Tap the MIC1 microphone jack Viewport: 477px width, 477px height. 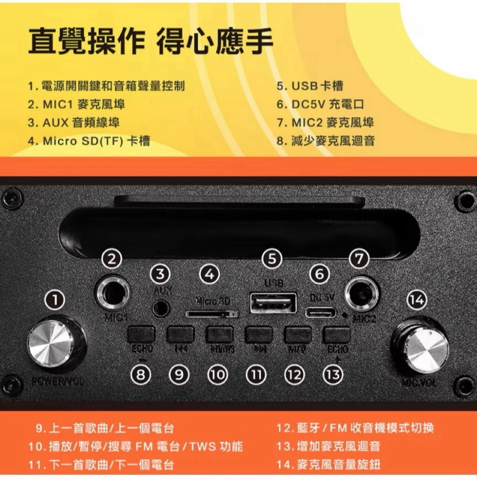113,292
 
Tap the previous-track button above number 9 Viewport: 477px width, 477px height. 180,334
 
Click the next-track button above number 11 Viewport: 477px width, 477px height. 258,334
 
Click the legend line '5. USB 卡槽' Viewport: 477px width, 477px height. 310,86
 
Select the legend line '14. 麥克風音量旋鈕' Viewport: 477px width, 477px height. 329,464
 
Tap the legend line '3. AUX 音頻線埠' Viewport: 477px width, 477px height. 73,123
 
